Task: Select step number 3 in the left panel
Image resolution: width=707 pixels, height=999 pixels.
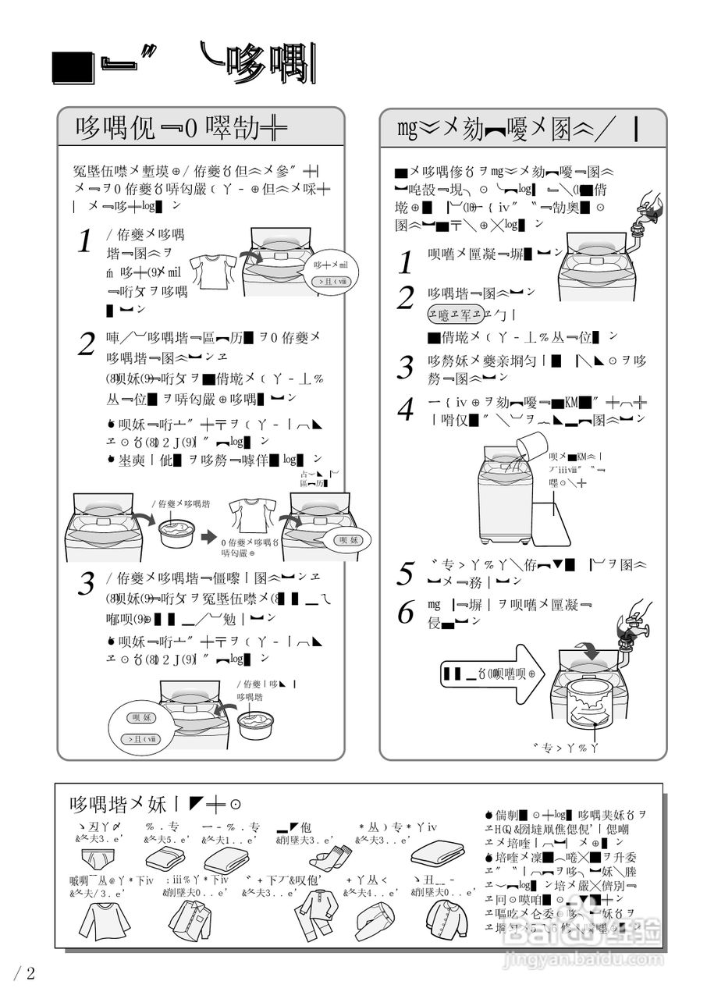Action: [88, 583]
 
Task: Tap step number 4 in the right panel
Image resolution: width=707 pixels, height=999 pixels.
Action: [405, 409]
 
